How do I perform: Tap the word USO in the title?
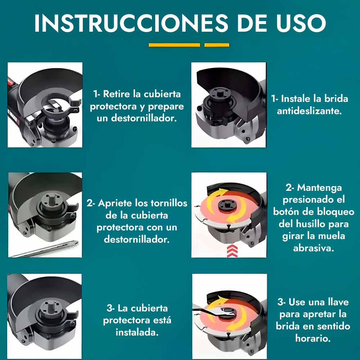(x=301, y=23)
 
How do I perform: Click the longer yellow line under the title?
(x=174, y=45)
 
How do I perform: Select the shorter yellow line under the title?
(x=217, y=45)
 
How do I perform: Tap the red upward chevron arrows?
(x=232, y=251)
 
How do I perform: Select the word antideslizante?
(x=309, y=111)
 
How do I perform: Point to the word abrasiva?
(x=314, y=248)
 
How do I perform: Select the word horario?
(x=313, y=338)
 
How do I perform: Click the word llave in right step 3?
(x=338, y=302)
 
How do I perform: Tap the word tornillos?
(x=169, y=203)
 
